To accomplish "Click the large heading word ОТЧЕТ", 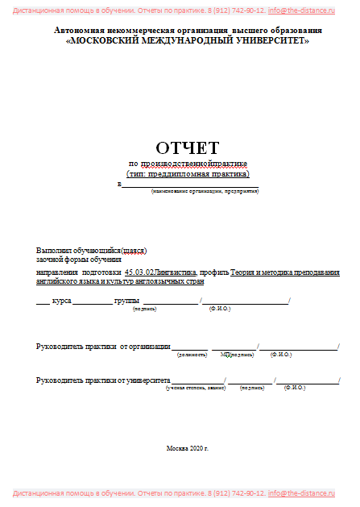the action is click(x=187, y=148).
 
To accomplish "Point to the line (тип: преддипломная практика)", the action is click(x=188, y=174).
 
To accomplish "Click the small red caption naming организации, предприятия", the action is click(x=204, y=191).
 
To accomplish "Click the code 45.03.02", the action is click(x=139, y=272).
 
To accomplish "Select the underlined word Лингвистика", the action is click(x=176, y=272).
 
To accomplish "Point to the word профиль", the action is click(x=215, y=272).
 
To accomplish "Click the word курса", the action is click(x=62, y=301).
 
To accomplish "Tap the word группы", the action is click(x=127, y=301).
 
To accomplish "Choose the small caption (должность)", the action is click(x=191, y=355).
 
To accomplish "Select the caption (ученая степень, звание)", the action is click(x=196, y=388).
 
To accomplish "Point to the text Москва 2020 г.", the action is click(x=187, y=447).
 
